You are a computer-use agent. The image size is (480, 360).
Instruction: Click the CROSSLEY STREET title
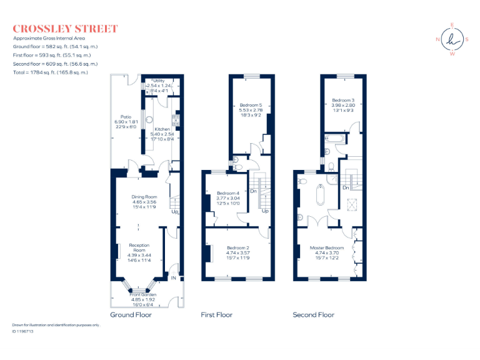(x=65, y=28)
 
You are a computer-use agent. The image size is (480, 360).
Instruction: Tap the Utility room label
(x=159, y=81)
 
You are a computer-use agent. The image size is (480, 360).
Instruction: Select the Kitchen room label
(x=162, y=129)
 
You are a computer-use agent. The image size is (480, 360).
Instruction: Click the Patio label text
(x=126, y=117)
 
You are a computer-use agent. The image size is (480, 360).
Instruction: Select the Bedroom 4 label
(x=228, y=193)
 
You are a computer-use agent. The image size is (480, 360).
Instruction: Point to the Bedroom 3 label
(x=343, y=101)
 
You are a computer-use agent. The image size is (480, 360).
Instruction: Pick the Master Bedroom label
(x=327, y=248)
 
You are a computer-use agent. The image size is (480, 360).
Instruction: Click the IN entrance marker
(x=174, y=277)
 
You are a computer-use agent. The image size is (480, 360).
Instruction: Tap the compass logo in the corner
(x=451, y=39)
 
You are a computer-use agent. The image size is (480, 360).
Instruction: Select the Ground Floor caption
(x=131, y=315)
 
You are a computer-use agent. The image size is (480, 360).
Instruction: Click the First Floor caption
(x=216, y=315)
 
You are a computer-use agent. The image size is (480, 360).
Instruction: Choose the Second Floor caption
(x=313, y=315)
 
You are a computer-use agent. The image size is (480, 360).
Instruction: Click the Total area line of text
(x=50, y=72)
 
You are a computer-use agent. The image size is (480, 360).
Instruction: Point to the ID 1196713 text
(x=22, y=331)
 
